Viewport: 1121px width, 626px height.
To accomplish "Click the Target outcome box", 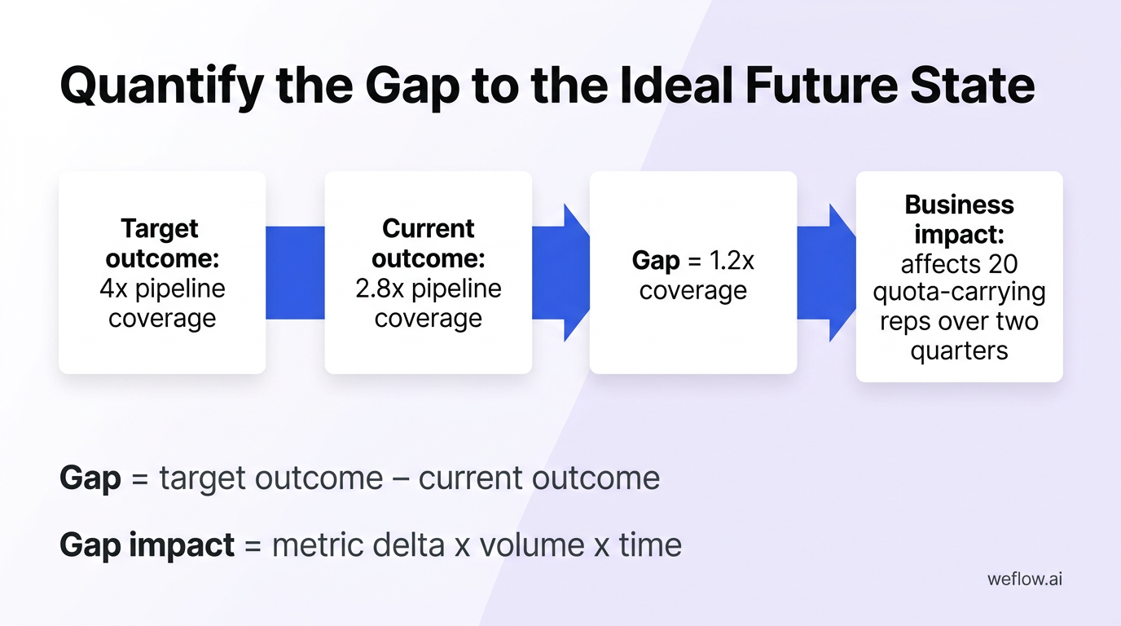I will (x=162, y=272).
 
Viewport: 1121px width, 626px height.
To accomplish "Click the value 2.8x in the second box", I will (x=380, y=289).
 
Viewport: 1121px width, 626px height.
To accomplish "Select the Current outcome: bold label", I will (x=428, y=243).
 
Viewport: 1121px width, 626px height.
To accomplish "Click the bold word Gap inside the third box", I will (x=656, y=261).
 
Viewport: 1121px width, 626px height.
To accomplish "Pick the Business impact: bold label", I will (x=959, y=218).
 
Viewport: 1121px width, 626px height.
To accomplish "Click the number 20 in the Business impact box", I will (x=1002, y=264).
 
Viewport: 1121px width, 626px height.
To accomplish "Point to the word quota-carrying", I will (x=959, y=293).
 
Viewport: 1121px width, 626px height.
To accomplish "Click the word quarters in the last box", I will (x=959, y=350).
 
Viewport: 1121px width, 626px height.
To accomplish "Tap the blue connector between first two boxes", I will (x=295, y=272).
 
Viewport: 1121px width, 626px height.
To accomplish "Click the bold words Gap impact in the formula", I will (x=147, y=544).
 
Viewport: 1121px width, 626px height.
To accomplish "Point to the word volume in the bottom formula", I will (x=532, y=544).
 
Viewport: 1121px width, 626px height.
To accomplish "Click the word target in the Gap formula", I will (x=204, y=478).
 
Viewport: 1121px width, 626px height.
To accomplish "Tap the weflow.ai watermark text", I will (x=1024, y=580).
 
